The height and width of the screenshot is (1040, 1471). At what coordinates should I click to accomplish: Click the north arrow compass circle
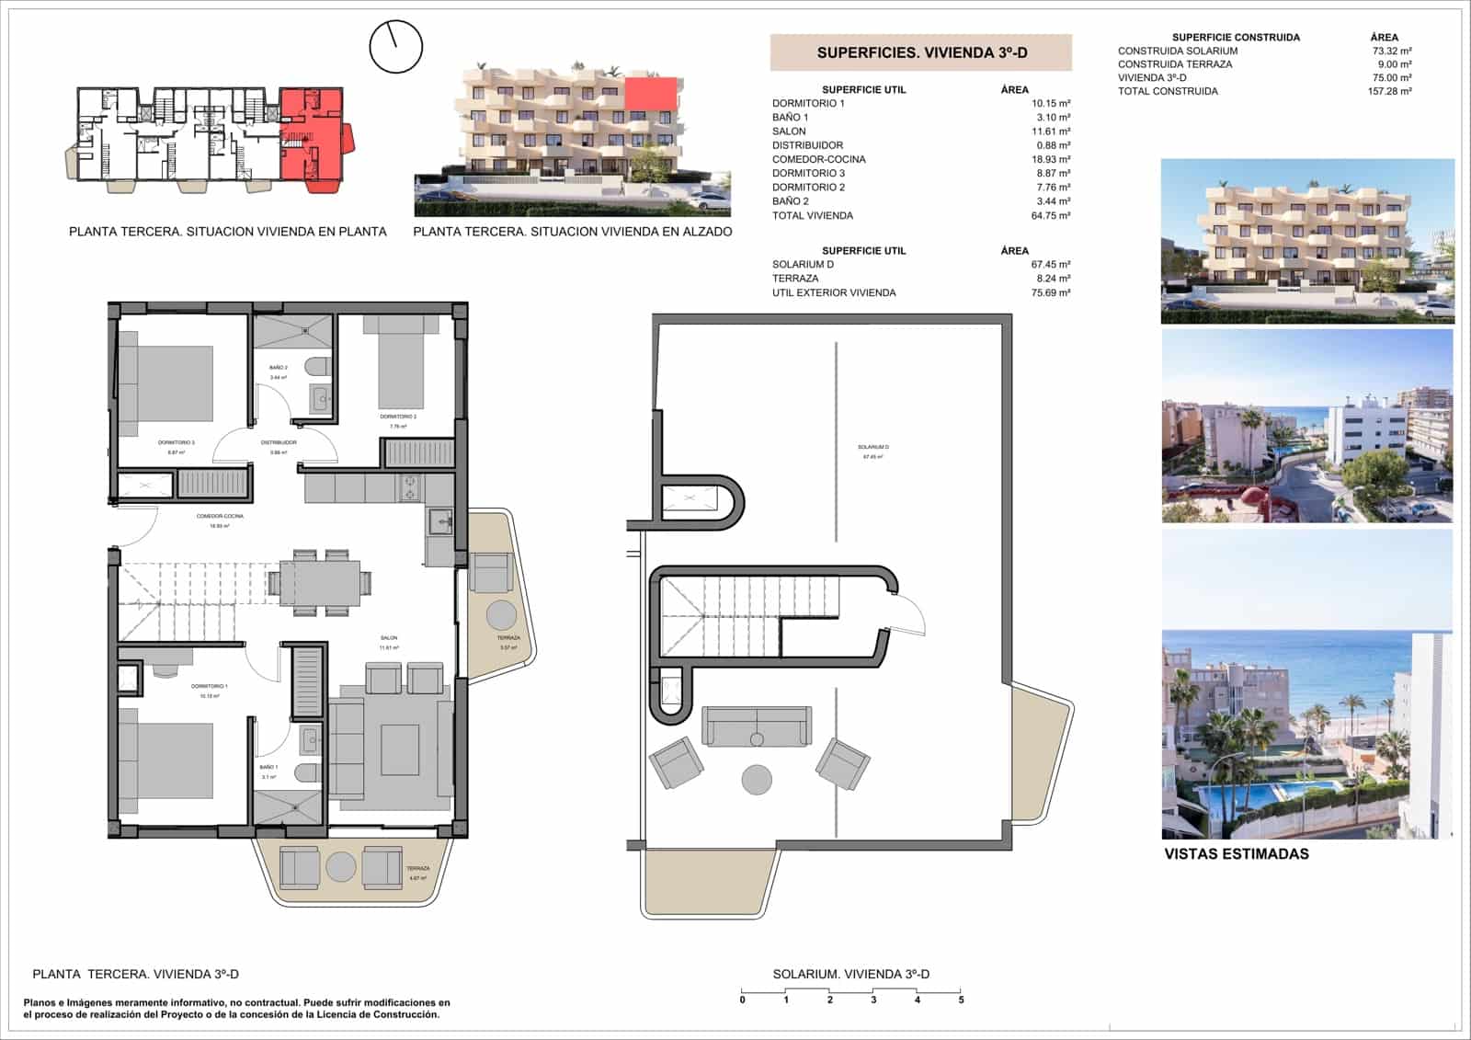(x=395, y=47)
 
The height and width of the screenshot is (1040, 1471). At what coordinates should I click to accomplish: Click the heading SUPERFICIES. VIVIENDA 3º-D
(x=921, y=53)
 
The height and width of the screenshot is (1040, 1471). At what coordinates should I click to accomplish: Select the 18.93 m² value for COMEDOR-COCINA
(x=1050, y=159)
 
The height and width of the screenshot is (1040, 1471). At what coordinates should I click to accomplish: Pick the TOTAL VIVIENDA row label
(x=812, y=215)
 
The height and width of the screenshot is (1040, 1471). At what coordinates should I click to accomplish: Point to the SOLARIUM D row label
(x=803, y=265)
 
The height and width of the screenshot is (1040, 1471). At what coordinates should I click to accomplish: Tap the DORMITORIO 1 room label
(x=210, y=687)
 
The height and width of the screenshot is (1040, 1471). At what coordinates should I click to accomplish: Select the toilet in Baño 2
(x=317, y=367)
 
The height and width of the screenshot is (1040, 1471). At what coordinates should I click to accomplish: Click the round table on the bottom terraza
(x=341, y=866)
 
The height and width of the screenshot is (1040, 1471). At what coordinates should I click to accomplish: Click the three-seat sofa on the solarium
(x=757, y=726)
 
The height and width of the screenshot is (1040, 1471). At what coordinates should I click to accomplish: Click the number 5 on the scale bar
(x=961, y=1000)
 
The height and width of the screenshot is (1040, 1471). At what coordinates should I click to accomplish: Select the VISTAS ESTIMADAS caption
(x=1236, y=853)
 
